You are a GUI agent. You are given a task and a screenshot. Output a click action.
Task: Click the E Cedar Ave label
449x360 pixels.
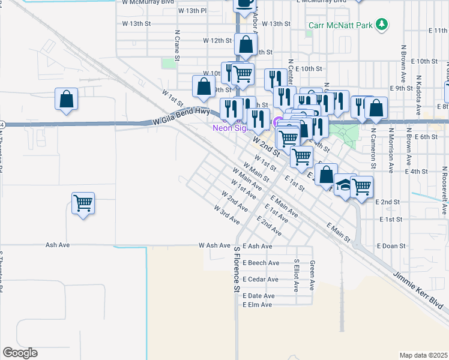point(261,280)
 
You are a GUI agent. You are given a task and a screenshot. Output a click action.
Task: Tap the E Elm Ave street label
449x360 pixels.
point(258,305)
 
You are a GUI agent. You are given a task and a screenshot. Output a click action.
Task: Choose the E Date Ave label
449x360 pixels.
point(259,296)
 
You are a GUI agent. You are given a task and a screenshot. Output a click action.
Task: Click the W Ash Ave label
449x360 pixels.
point(215,245)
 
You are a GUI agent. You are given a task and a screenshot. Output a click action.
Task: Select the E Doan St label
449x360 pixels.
point(391,246)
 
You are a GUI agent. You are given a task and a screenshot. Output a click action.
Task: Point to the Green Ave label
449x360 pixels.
point(312,275)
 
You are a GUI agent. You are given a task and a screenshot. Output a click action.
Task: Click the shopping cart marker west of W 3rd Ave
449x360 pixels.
point(83,203)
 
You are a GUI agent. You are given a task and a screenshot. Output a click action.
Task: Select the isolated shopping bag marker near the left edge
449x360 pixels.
point(67,99)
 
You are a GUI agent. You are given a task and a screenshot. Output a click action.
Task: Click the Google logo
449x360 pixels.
point(20,353)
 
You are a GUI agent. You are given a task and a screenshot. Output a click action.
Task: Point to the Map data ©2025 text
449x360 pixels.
point(424,355)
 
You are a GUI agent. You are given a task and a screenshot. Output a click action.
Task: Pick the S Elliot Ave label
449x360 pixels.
point(297,275)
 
